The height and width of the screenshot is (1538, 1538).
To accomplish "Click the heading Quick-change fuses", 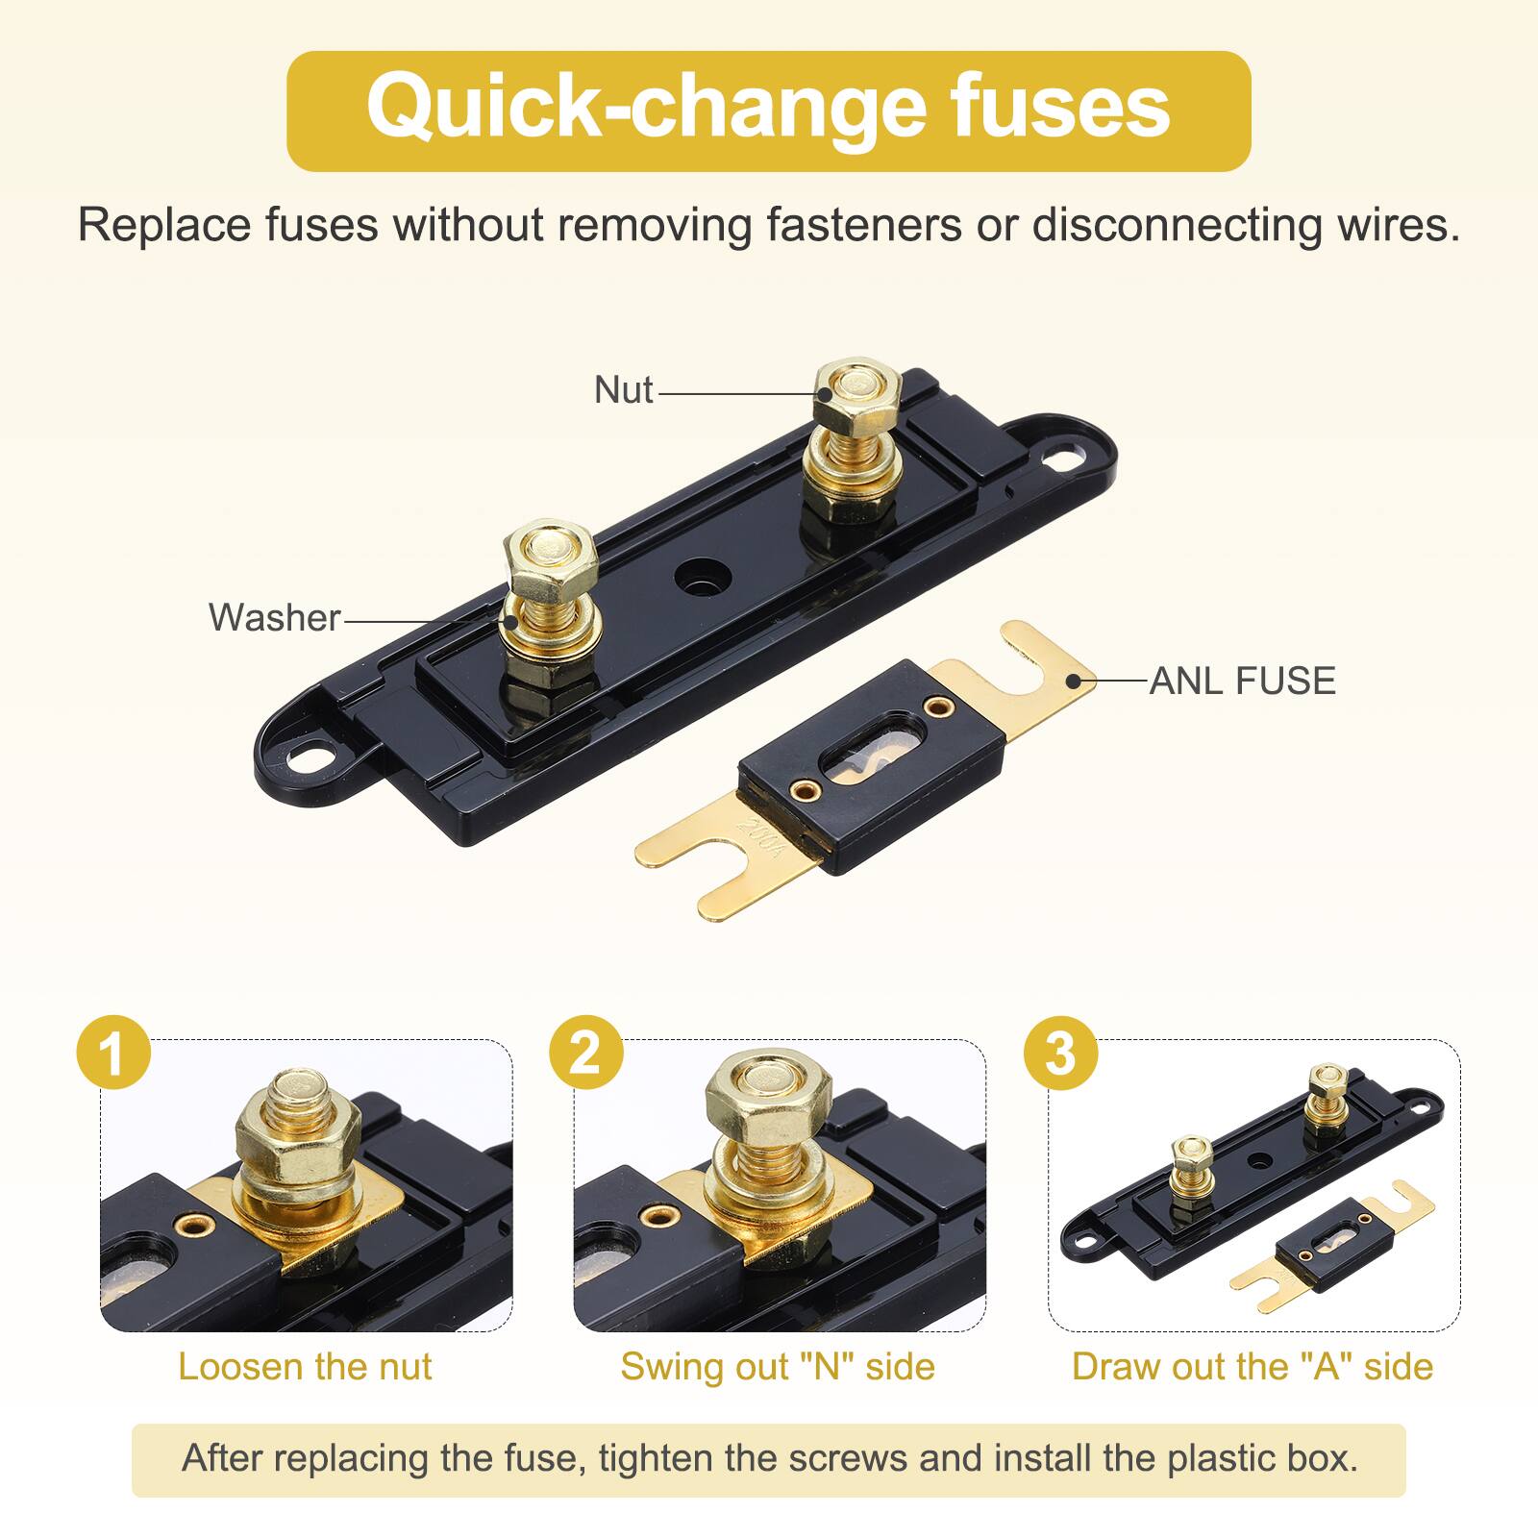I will (x=768, y=109).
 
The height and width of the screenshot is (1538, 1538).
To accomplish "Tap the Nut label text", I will (x=623, y=390).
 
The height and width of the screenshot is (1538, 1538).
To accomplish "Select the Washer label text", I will (x=274, y=618).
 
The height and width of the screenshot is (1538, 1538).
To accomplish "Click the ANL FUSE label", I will (x=1242, y=681).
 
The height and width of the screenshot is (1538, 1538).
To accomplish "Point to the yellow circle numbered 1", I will (x=113, y=1053).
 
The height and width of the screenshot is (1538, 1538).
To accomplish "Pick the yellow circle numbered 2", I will (x=586, y=1053).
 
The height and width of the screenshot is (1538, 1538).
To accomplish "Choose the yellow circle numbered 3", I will (x=1060, y=1053).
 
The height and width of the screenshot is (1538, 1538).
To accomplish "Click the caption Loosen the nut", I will (x=305, y=1367).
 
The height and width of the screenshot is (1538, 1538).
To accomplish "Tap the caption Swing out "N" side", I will (x=777, y=1367).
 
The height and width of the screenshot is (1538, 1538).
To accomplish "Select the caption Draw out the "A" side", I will (x=1252, y=1367).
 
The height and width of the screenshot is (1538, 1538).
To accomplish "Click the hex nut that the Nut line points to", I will (x=856, y=394).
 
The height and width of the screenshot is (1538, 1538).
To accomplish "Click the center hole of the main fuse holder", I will (x=700, y=578).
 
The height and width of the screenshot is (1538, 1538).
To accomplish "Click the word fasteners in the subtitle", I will (x=863, y=226).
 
